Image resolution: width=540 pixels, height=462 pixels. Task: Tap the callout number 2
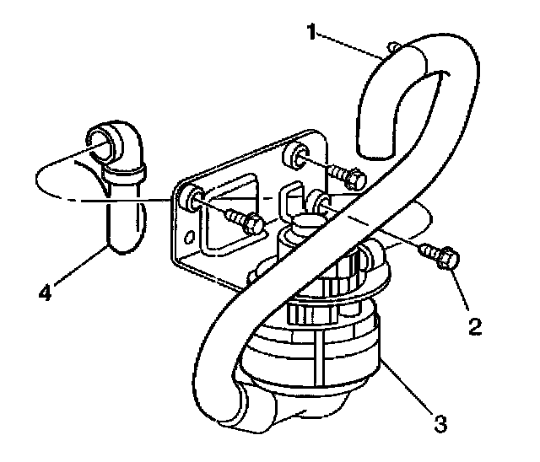pyautogui.click(x=475, y=325)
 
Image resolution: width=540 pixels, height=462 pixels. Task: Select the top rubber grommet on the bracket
pyautogui.click(x=296, y=154)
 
